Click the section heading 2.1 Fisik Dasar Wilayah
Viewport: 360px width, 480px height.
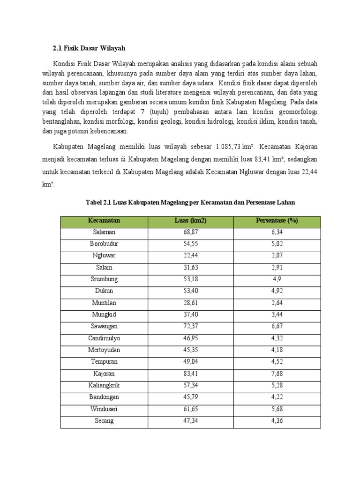coord(88,48)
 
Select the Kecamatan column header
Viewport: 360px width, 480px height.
coord(104,221)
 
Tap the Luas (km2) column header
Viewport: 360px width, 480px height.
coord(190,221)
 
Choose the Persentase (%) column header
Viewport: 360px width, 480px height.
coord(277,221)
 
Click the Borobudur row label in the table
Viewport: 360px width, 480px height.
coord(104,244)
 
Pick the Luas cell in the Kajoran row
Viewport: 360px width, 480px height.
coord(190,374)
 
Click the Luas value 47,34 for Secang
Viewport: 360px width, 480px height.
coord(190,421)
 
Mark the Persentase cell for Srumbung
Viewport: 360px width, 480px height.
coord(277,279)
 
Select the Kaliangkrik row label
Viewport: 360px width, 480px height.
coord(104,385)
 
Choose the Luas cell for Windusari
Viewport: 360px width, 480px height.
coord(190,409)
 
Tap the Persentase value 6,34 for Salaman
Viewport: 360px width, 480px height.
coord(277,232)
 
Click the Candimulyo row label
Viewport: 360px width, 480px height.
coord(104,338)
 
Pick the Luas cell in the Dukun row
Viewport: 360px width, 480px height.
coord(190,291)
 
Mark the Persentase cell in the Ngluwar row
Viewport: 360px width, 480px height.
coord(277,255)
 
